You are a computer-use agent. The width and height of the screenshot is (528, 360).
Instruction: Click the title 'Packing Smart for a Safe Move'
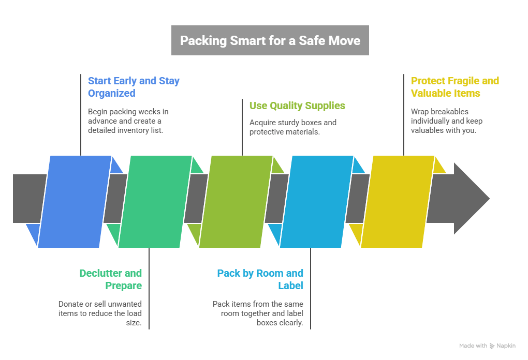pyautogui.click(x=270, y=40)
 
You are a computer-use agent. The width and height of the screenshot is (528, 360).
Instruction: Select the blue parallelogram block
pyautogui.click(x=75, y=201)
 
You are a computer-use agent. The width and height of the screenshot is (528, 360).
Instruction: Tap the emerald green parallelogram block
pyautogui.click(x=155, y=201)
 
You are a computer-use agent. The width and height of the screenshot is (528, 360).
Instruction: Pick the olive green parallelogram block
pyautogui.click(x=236, y=201)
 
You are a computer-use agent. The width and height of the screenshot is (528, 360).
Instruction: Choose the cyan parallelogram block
pyautogui.click(x=316, y=201)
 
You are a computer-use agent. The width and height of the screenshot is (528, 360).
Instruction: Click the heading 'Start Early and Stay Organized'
pyautogui.click(x=134, y=87)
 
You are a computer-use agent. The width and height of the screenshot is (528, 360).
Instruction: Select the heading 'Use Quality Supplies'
pyautogui.click(x=297, y=106)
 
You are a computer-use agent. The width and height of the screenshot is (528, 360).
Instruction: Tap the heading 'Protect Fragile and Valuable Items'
pyautogui.click(x=454, y=87)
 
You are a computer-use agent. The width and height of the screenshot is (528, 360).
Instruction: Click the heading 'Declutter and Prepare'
pyautogui.click(x=111, y=279)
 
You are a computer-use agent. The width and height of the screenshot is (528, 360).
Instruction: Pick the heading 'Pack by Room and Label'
pyautogui.click(x=260, y=279)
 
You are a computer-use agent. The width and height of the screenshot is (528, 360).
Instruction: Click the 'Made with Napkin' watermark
pyautogui.click(x=487, y=346)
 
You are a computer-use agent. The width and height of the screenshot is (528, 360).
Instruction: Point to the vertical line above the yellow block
pyautogui.click(x=404, y=114)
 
